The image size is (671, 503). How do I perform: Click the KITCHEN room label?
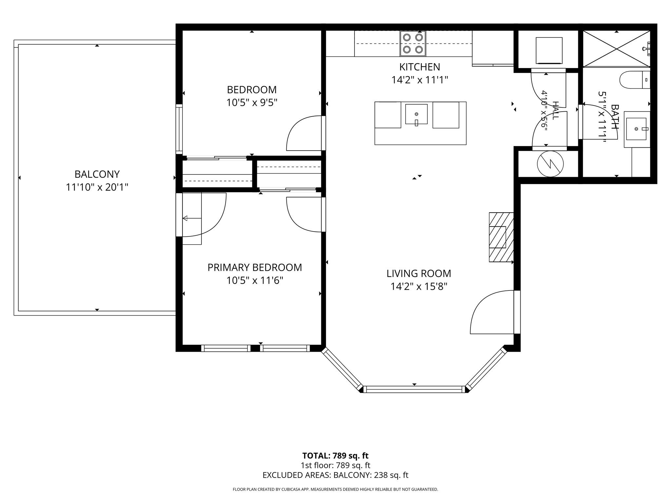coord(419,67)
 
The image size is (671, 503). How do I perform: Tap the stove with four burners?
coord(413,44)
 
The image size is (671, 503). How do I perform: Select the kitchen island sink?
coord(416,114)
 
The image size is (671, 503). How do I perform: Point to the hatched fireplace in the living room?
coord(501,237)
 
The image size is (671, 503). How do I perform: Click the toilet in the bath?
coord(635,80)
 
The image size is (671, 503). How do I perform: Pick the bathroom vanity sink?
coord(637,129)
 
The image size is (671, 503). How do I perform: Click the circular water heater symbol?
coord(550,164)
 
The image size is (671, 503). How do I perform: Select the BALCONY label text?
coord(97,174)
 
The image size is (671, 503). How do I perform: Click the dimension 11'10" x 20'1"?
coord(97,187)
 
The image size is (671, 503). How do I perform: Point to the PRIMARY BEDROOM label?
coord(255,267)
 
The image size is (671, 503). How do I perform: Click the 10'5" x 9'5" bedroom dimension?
coord(252,103)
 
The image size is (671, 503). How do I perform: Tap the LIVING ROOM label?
coord(419,273)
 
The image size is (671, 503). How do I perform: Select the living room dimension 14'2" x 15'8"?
coord(419,287)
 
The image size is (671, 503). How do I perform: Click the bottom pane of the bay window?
coord(414,389)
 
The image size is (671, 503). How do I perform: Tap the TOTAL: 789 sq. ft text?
coord(335,456)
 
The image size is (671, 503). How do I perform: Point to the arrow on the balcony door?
coord(192,218)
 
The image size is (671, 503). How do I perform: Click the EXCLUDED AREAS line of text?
coord(335,475)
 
